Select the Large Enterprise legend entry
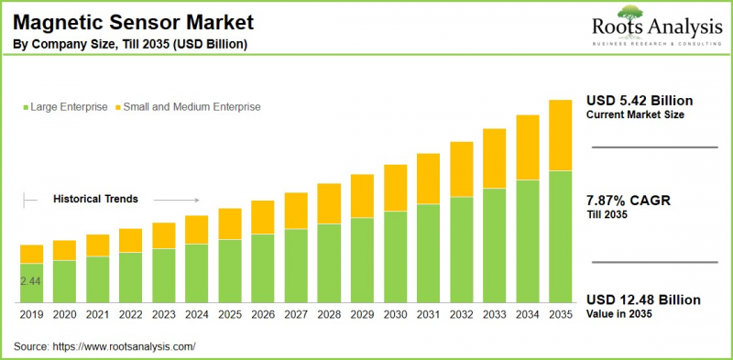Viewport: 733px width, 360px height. (x=64, y=107)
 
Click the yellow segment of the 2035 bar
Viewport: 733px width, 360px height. (x=560, y=136)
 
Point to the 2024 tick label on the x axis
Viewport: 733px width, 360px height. (x=197, y=314)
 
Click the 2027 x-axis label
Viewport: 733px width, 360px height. (x=296, y=314)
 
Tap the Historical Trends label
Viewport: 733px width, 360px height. (x=95, y=198)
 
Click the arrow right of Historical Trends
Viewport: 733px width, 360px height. (x=176, y=199)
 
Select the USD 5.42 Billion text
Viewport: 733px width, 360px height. (x=640, y=100)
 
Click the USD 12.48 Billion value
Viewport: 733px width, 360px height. (x=643, y=300)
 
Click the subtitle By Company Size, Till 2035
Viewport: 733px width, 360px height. (x=129, y=44)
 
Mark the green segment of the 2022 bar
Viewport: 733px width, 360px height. (x=131, y=277)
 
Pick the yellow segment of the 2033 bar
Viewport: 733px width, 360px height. (x=494, y=158)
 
